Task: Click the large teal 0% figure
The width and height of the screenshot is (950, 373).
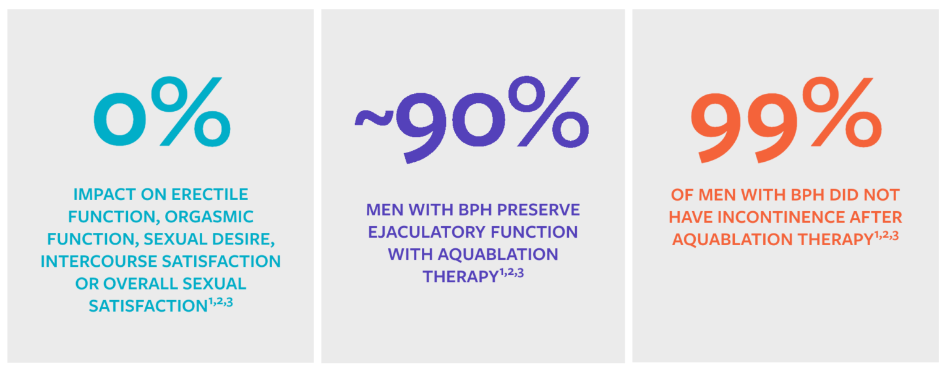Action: tap(162, 114)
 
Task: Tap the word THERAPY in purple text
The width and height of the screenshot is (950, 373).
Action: tap(460, 277)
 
